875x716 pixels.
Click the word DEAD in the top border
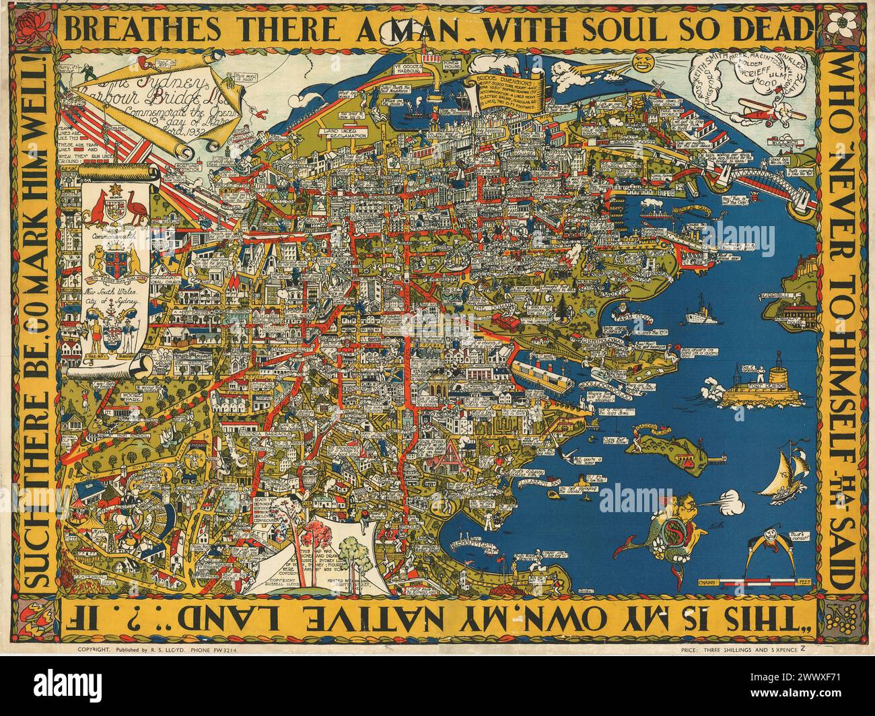click(774, 30)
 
